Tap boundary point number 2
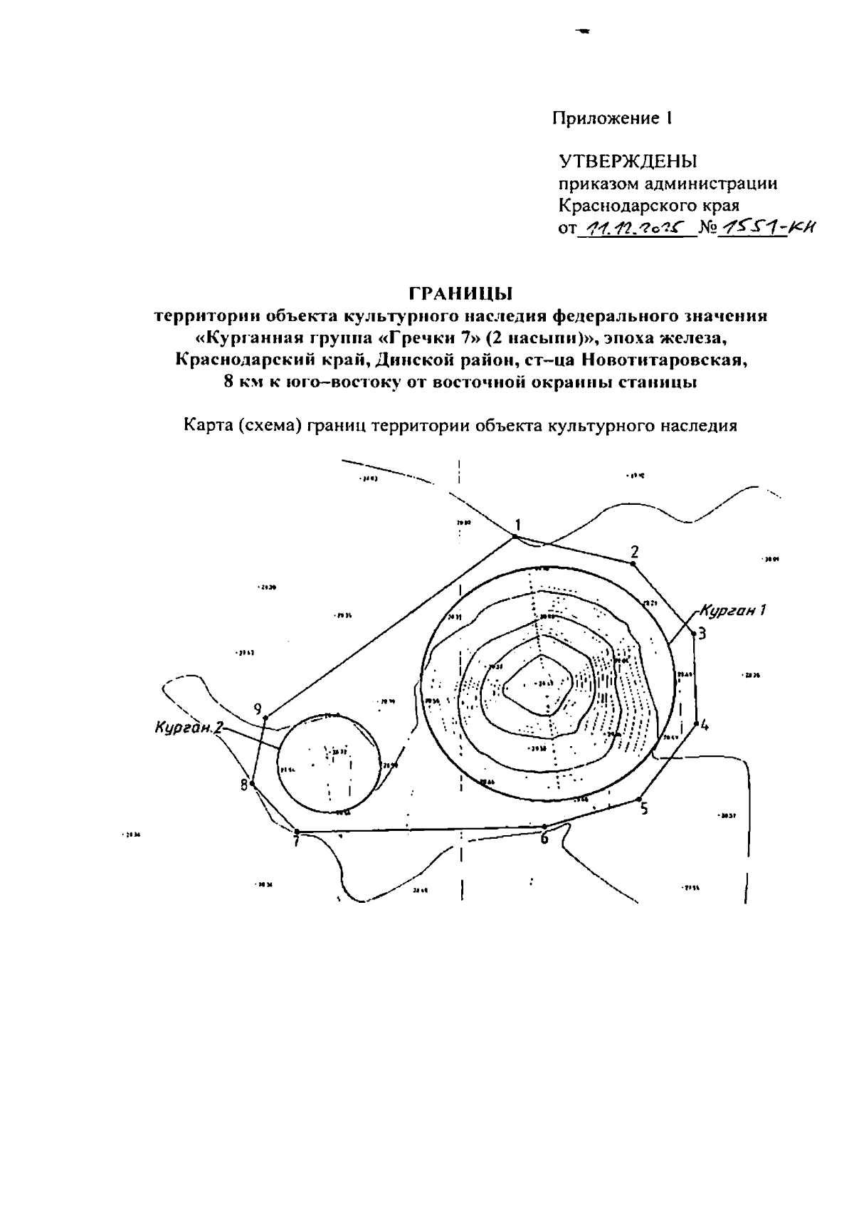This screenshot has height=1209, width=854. coord(632,563)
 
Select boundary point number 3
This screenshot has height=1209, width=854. coord(693,632)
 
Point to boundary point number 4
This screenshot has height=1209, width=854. coord(695,724)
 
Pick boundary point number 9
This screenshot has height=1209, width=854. coord(265,717)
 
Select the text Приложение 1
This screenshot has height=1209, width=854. coord(612,118)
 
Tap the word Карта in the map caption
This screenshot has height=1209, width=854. coord(207,426)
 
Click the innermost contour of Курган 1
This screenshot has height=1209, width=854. coord(539,685)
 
